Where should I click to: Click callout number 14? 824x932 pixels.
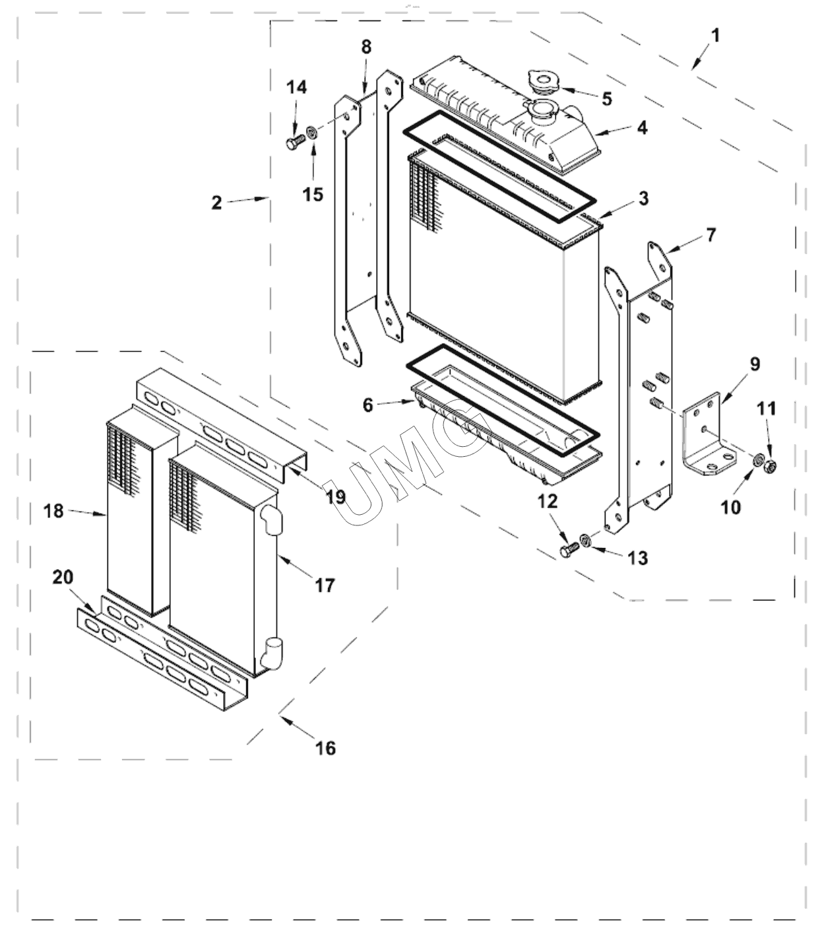pos(296,87)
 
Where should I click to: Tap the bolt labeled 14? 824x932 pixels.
pos(294,143)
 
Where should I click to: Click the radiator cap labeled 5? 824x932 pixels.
pos(542,82)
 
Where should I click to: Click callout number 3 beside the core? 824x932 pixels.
pos(643,198)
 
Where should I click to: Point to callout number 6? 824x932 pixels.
pos(367,405)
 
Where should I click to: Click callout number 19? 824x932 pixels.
pos(336,496)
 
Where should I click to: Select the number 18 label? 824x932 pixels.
pos(54,510)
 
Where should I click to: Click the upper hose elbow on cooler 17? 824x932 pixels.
pos(270,519)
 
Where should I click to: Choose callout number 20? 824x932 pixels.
pos(63,578)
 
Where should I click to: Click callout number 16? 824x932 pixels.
pos(325,747)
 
